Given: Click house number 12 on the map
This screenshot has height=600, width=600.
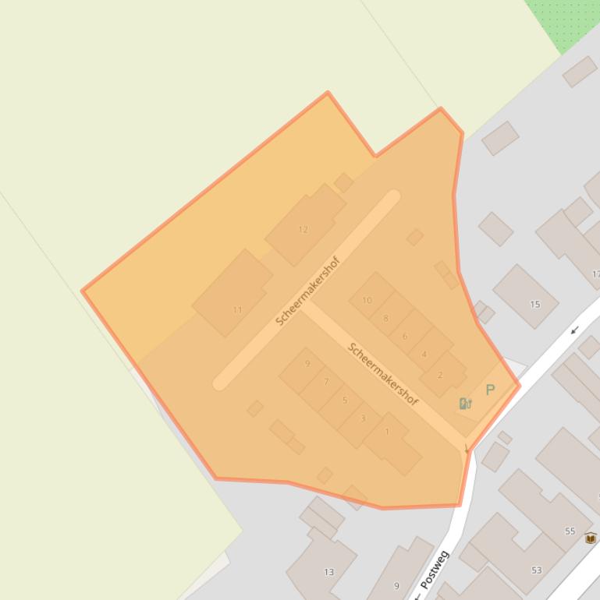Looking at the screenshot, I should pos(304,229).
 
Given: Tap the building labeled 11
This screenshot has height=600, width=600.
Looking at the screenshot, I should pos(237,309).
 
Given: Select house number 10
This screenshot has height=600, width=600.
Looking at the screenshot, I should pos(367,300).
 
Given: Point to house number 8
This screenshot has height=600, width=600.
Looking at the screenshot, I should pos(385,318).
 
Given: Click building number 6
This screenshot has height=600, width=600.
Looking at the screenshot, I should pos(404,337).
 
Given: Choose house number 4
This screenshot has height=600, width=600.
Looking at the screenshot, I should pos(424,355).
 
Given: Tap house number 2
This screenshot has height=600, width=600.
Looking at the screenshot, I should pos(440,375).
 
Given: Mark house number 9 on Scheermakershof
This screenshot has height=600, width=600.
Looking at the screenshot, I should pos(307,364).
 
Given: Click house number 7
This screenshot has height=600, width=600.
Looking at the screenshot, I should pos(326,382).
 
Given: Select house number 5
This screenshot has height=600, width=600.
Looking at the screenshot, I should pos(345,401).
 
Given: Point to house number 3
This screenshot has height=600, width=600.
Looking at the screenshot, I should pos(363,418).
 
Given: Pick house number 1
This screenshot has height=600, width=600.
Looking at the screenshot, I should pos(387,432).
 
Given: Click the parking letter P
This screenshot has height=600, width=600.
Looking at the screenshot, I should pos(490,390).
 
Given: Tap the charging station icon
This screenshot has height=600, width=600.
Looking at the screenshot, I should pos(466,403).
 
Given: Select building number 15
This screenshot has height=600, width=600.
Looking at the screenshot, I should pos(534,304).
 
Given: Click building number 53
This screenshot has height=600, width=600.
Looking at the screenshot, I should pos(536,570).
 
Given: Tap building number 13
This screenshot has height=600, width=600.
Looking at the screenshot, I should pos(328,572).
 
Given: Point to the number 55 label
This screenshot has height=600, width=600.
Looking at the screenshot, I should pos(570,531).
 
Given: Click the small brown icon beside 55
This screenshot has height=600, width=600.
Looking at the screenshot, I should pos(591,538).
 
